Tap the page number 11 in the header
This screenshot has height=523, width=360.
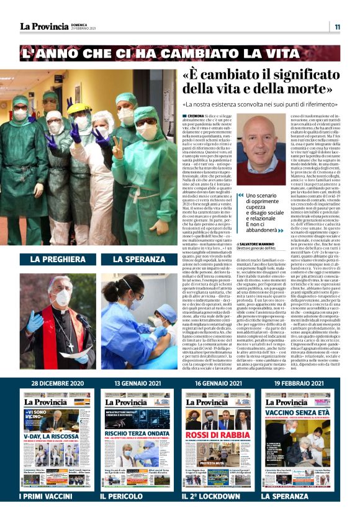pyautogui.click(x=337, y=27)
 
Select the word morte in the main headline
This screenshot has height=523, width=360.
pyautogui.click(x=276, y=90)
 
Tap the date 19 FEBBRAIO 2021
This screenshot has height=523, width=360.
pyautogui.click(x=300, y=384)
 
